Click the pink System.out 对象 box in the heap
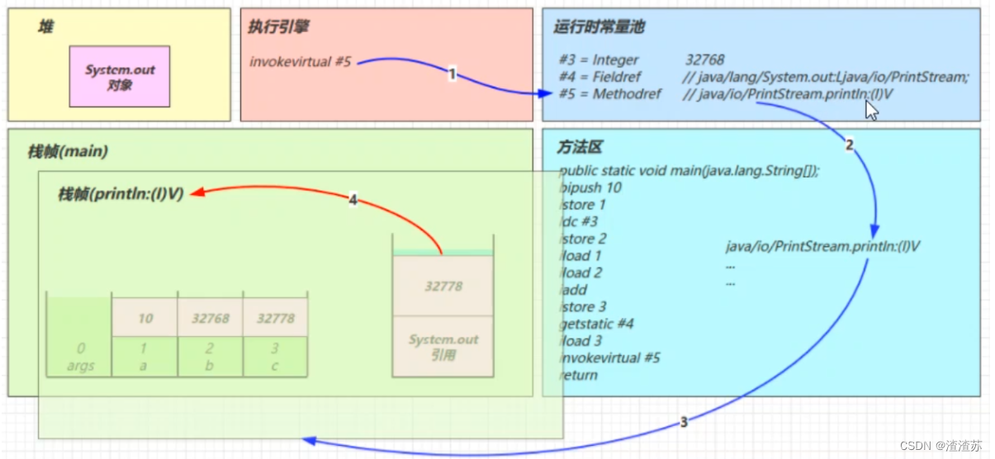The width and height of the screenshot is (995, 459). (x=120, y=76)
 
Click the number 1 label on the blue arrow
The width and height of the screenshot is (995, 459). (x=452, y=74)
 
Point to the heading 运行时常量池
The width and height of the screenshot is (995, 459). (x=599, y=26)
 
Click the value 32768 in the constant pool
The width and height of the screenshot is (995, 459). (x=704, y=59)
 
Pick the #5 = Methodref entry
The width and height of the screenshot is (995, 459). (x=612, y=94)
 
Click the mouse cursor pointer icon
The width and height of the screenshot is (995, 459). (x=871, y=111)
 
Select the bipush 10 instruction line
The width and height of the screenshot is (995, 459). (x=591, y=187)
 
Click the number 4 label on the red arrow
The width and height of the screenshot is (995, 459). (x=353, y=200)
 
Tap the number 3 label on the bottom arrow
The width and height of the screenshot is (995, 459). (x=684, y=422)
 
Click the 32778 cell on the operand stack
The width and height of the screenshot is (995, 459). (x=443, y=286)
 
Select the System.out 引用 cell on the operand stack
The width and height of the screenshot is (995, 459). (x=443, y=346)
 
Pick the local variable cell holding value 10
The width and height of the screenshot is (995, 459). (x=145, y=318)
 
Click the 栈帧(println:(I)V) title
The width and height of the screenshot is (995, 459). (x=121, y=195)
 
